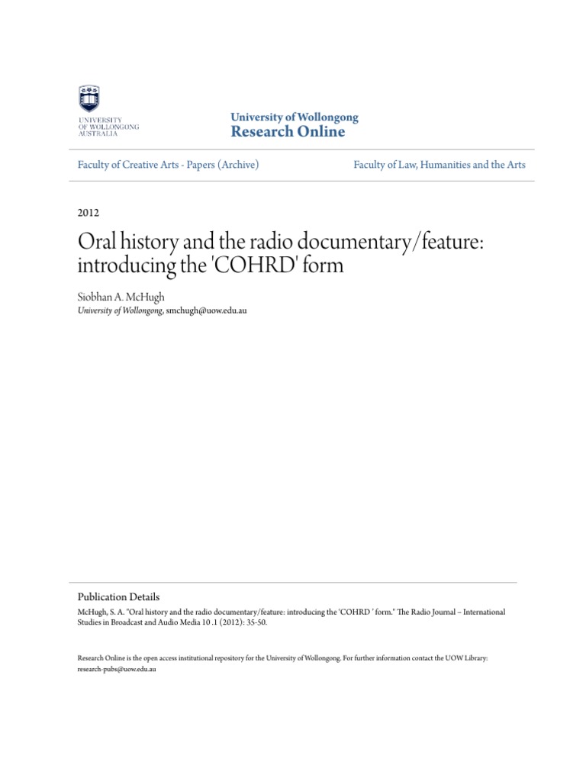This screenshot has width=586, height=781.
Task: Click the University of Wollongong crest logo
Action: point(89,100)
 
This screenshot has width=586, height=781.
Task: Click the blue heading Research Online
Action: point(288,132)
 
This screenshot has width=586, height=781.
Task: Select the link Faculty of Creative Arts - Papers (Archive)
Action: point(169,164)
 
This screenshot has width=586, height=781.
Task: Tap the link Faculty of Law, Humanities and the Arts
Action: point(439,164)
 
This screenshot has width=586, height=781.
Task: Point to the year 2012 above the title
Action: point(89,213)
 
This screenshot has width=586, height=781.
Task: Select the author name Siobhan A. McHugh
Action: point(121,297)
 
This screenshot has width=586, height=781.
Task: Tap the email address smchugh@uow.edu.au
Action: point(207,311)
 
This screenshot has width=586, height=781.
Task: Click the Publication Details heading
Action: point(119,597)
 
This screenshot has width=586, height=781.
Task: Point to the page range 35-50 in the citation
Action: point(256,622)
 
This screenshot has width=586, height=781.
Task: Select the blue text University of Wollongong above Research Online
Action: point(295,117)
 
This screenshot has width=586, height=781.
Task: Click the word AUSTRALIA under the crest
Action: point(96,133)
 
